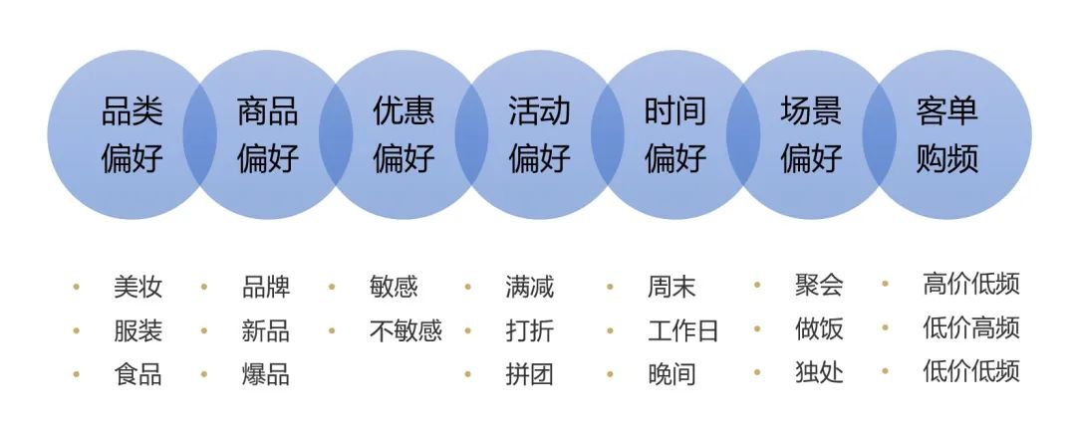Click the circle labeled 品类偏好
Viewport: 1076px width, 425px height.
(x=132, y=134)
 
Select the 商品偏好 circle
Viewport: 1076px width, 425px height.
(x=267, y=134)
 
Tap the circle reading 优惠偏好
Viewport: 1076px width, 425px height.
(x=403, y=134)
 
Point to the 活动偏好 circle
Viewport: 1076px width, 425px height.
(x=539, y=134)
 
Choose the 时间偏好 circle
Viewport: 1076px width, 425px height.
(x=674, y=134)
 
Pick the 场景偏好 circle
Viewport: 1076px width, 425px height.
(x=811, y=134)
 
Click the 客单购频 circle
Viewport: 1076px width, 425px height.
(x=946, y=134)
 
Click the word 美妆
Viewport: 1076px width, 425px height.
(x=137, y=288)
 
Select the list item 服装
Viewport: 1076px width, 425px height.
(x=137, y=330)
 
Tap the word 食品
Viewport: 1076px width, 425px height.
(x=137, y=374)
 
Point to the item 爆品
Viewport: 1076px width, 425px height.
(x=265, y=374)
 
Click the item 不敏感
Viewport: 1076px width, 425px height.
(x=404, y=330)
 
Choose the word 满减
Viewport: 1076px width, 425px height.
(x=529, y=288)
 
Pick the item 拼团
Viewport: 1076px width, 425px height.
(x=529, y=374)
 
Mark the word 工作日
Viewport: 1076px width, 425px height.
(x=682, y=330)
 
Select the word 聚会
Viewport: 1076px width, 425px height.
(x=819, y=286)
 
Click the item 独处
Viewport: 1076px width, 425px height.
(x=819, y=372)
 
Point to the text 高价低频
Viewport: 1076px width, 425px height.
(x=971, y=284)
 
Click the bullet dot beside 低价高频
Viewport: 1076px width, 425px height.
(x=885, y=327)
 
